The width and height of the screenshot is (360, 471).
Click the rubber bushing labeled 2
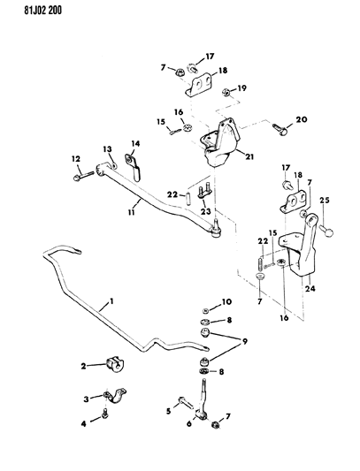click(x=114, y=362)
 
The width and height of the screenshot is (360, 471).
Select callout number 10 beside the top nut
click(x=226, y=301)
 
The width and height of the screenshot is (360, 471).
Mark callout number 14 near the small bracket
click(x=136, y=143)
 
